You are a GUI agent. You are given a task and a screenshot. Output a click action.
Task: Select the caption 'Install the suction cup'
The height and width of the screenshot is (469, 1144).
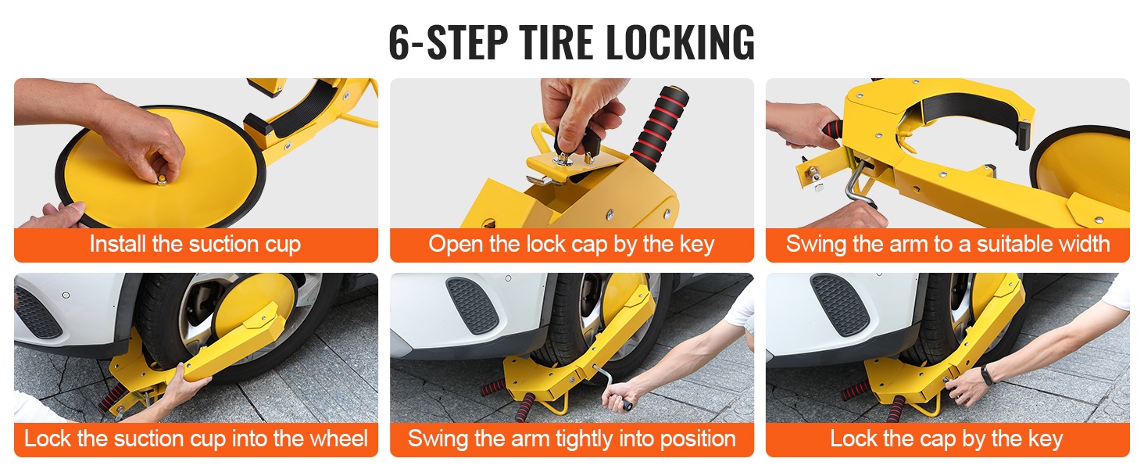click(x=195, y=244)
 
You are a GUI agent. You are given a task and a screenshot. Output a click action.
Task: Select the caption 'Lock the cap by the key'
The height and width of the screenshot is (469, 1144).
click(x=946, y=439)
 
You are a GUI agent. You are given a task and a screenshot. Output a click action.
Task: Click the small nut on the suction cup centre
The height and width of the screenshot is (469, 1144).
click(x=162, y=179)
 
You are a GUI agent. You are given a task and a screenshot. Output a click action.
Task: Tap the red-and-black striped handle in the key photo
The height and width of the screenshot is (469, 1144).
click(x=660, y=127)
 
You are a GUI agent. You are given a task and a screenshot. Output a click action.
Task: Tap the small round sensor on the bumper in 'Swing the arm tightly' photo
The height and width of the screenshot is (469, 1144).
click(x=508, y=278)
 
